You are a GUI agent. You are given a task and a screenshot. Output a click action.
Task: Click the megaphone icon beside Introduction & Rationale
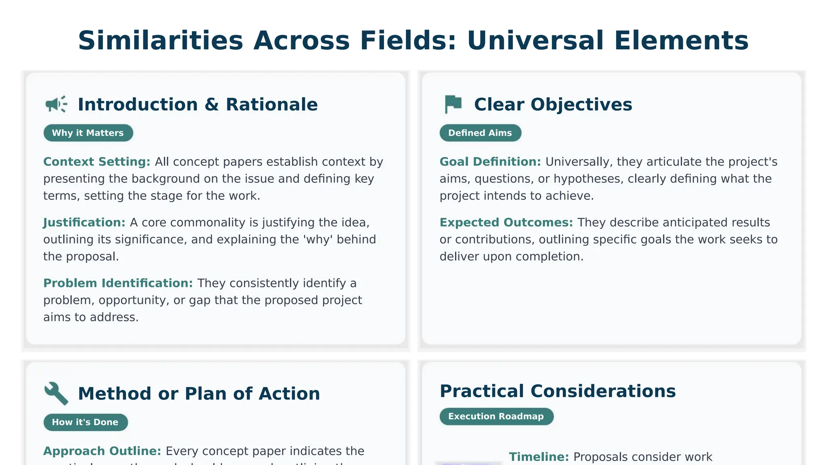pos(56,104)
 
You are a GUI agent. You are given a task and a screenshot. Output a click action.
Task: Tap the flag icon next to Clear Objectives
pos(453,104)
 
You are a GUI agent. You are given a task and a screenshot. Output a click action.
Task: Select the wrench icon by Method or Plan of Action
pos(56,393)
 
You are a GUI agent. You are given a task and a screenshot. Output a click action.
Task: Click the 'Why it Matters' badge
pos(88,133)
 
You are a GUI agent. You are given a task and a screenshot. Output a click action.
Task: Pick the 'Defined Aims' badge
pos(480,133)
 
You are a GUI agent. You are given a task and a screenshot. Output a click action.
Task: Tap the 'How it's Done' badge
pos(85,422)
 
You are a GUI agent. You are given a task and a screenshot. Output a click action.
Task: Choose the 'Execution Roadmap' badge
pos(496,416)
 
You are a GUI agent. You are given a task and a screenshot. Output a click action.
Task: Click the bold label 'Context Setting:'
pos(97,162)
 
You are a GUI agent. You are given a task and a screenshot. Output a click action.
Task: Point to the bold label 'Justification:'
pos(84,222)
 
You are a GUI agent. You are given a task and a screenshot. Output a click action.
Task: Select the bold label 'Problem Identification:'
pos(118,283)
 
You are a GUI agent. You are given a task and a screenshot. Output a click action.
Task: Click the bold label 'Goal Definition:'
pos(490,162)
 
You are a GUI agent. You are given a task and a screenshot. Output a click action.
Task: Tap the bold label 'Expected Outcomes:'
pos(506,222)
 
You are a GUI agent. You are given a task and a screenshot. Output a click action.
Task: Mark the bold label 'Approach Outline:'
pos(102,451)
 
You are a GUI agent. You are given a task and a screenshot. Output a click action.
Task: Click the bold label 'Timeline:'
pos(539,457)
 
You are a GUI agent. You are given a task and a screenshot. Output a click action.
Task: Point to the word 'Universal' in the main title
pos(535,40)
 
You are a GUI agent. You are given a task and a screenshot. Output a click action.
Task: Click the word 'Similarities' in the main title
pos(160,40)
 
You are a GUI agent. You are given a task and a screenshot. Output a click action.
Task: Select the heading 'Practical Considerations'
pos(558,391)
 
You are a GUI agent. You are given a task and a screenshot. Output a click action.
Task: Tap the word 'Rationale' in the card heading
pos(272,105)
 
